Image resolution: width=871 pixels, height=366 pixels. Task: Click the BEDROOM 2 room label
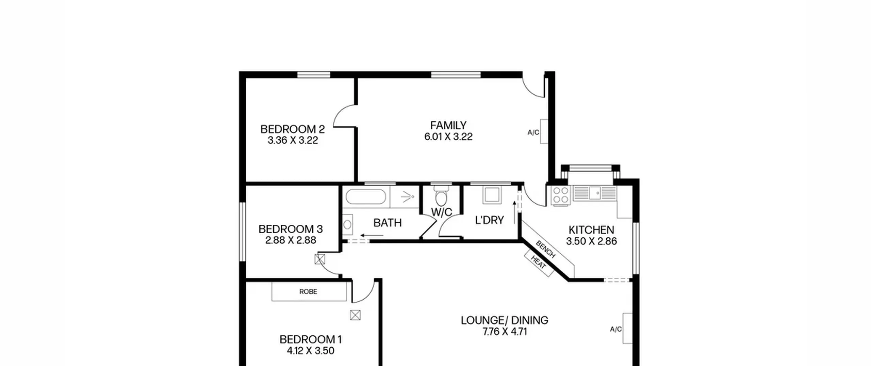pyautogui.click(x=292, y=129)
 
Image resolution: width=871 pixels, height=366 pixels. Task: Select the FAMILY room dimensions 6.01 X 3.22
pyautogui.click(x=448, y=137)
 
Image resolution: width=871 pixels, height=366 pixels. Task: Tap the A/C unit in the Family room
pyautogui.click(x=544, y=131)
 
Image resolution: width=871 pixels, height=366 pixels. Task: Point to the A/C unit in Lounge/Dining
pyautogui.click(x=627, y=328)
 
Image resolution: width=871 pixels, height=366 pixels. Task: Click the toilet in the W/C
pyautogui.click(x=441, y=196)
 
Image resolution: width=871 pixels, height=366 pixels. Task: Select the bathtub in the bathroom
pyautogui.click(x=366, y=197)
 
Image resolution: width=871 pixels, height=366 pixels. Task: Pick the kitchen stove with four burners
pyautogui.click(x=560, y=195)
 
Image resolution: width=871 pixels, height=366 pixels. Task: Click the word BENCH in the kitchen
pyautogui.click(x=545, y=249)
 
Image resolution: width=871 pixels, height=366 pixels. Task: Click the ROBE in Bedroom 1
pyautogui.click(x=309, y=291)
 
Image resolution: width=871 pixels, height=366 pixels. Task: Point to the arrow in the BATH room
pyautogui.click(x=372, y=235)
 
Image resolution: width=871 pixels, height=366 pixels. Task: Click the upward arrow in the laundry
pyautogui.click(x=514, y=212)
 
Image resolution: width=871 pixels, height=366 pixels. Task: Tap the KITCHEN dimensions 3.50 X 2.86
pyautogui.click(x=591, y=241)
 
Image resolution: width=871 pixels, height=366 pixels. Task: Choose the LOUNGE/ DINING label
pyautogui.click(x=505, y=320)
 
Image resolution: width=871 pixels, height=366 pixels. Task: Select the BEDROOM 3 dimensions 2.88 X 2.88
pyautogui.click(x=291, y=240)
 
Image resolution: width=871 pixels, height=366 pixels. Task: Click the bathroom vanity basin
pyautogui.click(x=347, y=225)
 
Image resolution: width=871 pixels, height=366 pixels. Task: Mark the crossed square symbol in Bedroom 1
pyautogui.click(x=355, y=315)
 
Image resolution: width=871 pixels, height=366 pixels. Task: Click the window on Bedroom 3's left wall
pyautogui.click(x=242, y=232)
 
